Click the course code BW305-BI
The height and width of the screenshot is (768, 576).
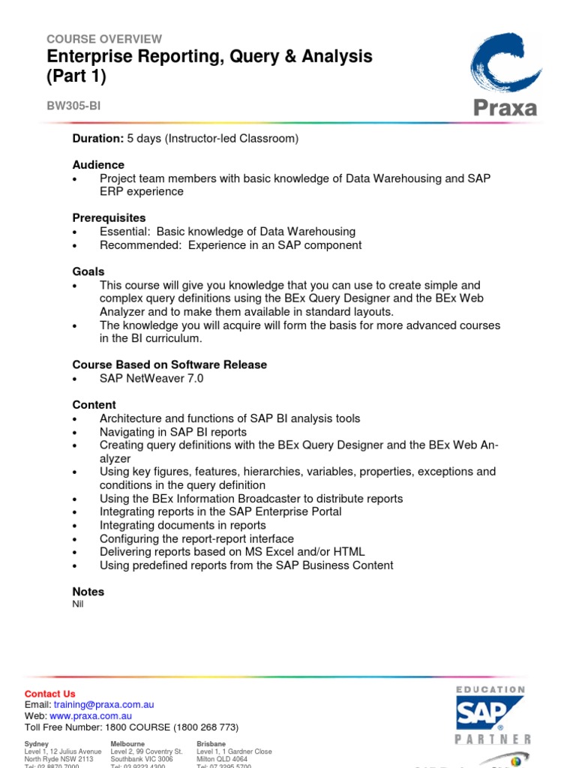(x=73, y=106)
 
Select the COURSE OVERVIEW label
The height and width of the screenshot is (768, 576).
(x=104, y=39)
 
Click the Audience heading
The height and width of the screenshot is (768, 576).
(x=98, y=165)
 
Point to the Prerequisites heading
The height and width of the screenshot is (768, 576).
(x=109, y=218)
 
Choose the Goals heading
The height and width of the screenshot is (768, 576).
(x=88, y=271)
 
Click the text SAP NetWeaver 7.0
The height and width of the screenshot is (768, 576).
(x=151, y=378)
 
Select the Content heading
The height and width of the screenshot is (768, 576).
(x=94, y=405)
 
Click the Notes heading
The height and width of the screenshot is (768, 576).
(x=88, y=592)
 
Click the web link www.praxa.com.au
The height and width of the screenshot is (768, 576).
(x=91, y=716)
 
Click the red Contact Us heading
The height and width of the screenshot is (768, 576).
(x=50, y=694)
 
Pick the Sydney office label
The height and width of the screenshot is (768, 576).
(x=37, y=743)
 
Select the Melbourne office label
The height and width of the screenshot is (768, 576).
(x=127, y=743)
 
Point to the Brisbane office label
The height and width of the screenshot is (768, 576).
(x=211, y=743)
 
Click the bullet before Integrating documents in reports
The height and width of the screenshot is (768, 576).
(x=75, y=526)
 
